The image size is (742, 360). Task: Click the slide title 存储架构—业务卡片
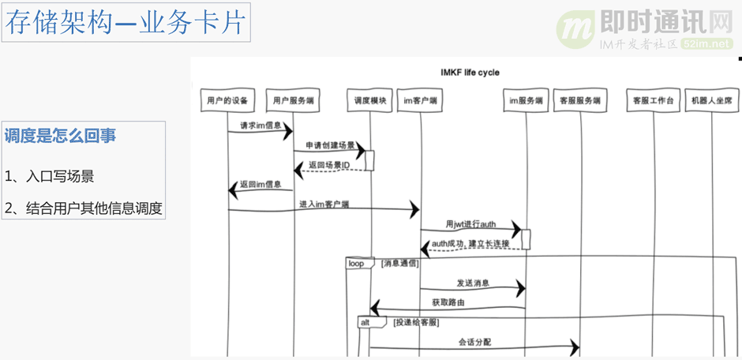126,24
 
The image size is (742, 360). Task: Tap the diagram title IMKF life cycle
469,73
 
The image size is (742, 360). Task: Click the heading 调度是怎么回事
61,136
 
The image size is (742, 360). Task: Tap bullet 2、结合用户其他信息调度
83,208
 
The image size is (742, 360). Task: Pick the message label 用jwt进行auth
470,224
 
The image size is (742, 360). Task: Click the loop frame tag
357,264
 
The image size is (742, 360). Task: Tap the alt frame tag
366,322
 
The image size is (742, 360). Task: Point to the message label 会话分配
474,343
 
